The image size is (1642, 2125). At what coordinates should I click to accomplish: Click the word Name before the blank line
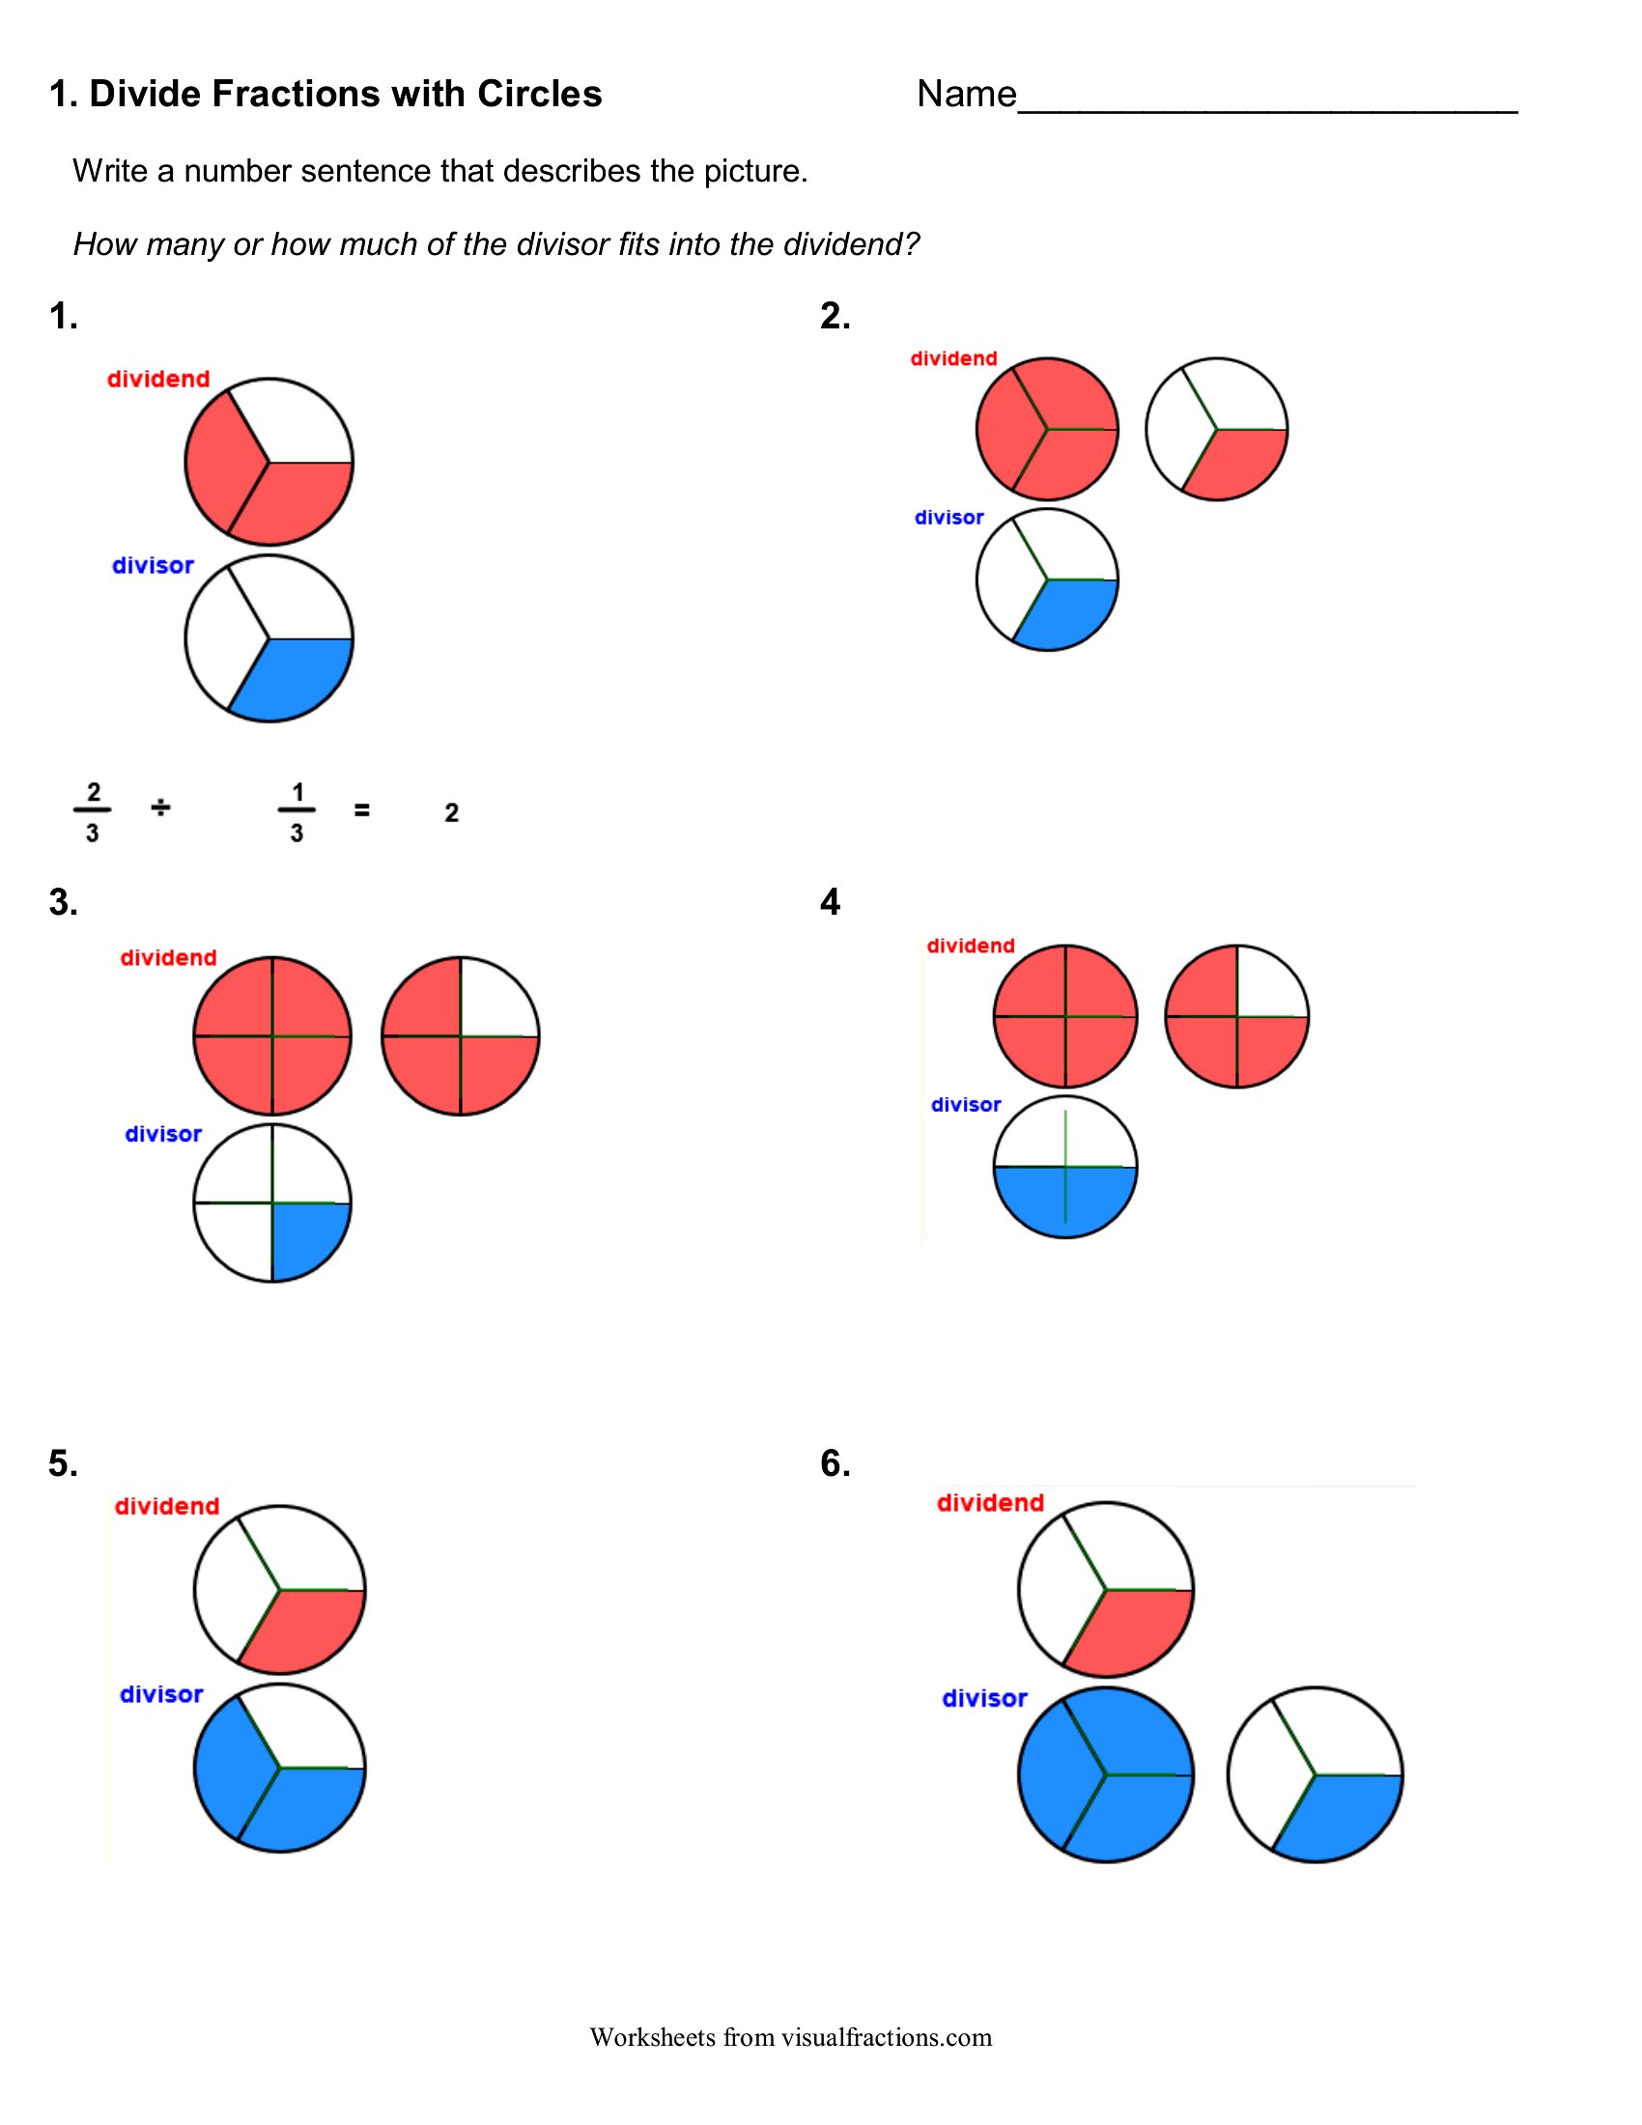tap(966, 95)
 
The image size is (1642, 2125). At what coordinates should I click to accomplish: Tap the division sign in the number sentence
tap(160, 807)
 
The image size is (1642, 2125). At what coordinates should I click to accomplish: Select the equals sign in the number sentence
tap(362, 809)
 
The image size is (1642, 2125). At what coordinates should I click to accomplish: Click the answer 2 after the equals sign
tap(451, 812)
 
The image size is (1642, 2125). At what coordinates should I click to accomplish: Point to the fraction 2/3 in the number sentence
tap(93, 811)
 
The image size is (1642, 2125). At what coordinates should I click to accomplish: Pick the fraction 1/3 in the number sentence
tap(297, 811)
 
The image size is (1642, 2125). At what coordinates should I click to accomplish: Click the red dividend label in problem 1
tap(158, 379)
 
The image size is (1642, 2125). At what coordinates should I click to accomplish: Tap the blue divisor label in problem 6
tap(984, 1698)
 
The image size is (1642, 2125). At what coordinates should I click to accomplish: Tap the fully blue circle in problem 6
tap(1106, 1774)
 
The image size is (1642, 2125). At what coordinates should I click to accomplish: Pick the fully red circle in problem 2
tap(1048, 429)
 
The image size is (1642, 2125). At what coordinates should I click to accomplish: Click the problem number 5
tap(63, 1462)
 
